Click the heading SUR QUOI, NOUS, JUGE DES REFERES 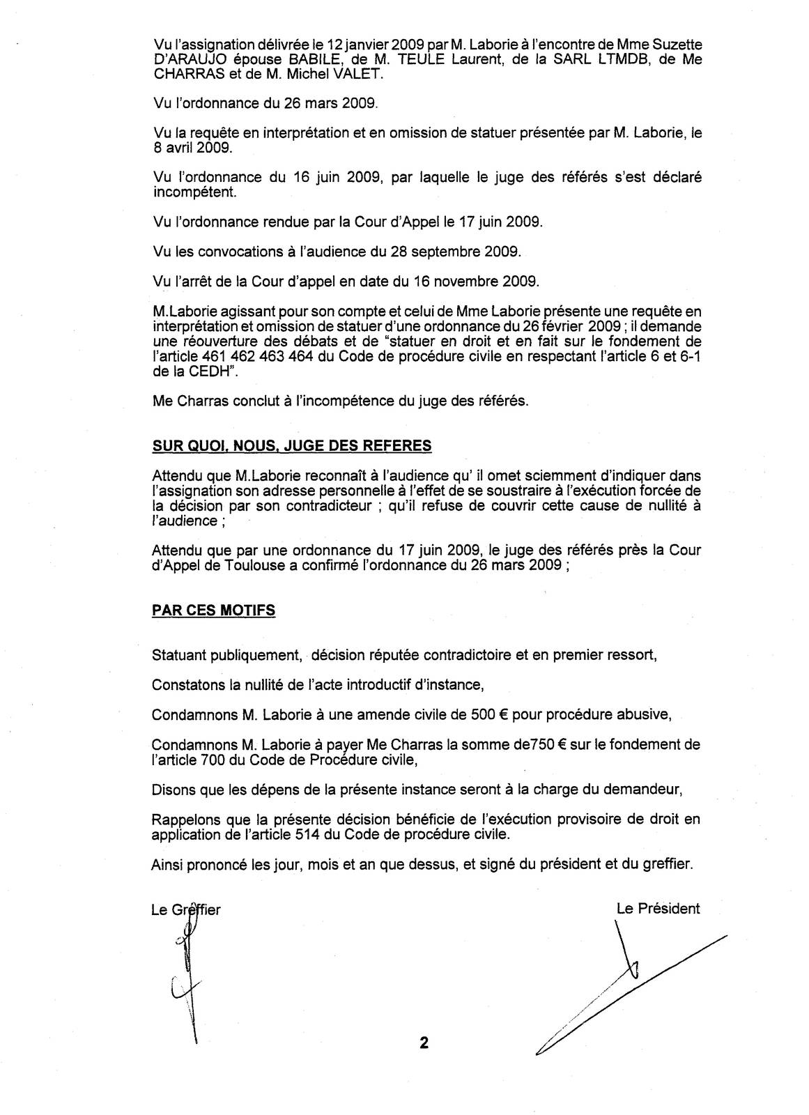click(x=291, y=446)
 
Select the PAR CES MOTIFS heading click(x=213, y=610)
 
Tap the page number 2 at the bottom click(x=424, y=1043)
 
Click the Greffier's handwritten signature click(x=186, y=976)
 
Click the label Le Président click(x=658, y=908)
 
